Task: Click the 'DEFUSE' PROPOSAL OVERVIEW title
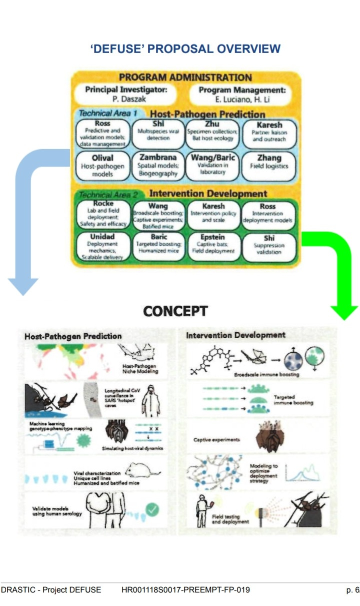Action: (185, 49)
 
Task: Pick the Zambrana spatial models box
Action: (158, 166)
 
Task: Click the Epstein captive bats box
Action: (213, 244)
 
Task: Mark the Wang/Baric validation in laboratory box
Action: (213, 165)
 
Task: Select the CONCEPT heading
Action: (175, 311)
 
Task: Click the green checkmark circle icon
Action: (152, 510)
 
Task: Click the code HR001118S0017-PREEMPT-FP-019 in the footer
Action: (185, 589)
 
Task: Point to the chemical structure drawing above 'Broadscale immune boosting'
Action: (211, 359)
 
